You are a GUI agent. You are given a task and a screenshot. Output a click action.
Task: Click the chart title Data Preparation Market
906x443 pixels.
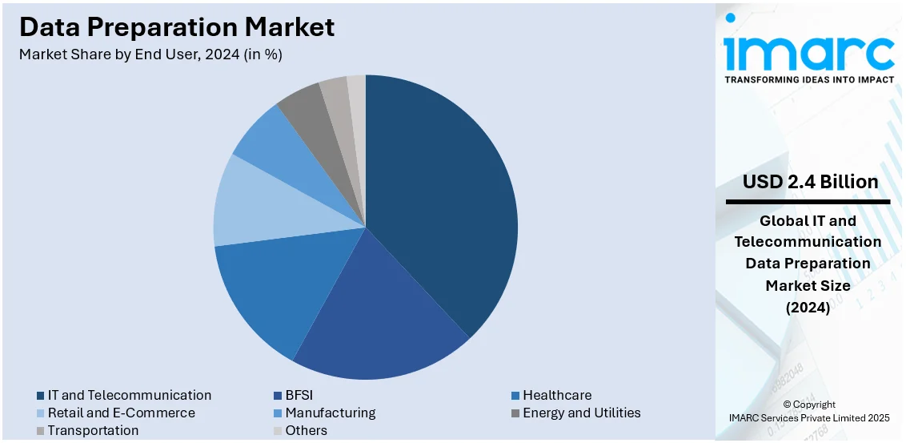point(177,27)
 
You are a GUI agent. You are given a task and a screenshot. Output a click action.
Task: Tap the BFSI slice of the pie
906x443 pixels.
point(376,312)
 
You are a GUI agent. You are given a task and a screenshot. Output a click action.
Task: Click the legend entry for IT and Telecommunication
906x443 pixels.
point(129,395)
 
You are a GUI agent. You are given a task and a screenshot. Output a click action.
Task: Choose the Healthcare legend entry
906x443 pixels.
point(557,395)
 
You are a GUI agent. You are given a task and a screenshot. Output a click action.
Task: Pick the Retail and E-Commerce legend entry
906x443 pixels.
point(121,413)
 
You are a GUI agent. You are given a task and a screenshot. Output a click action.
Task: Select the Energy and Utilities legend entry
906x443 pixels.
point(581,413)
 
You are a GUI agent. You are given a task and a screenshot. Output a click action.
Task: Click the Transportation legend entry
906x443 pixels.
point(93,430)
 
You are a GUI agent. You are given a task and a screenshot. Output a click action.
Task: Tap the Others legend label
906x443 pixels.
point(306,430)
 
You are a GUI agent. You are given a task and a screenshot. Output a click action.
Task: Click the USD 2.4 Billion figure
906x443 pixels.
point(810,182)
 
